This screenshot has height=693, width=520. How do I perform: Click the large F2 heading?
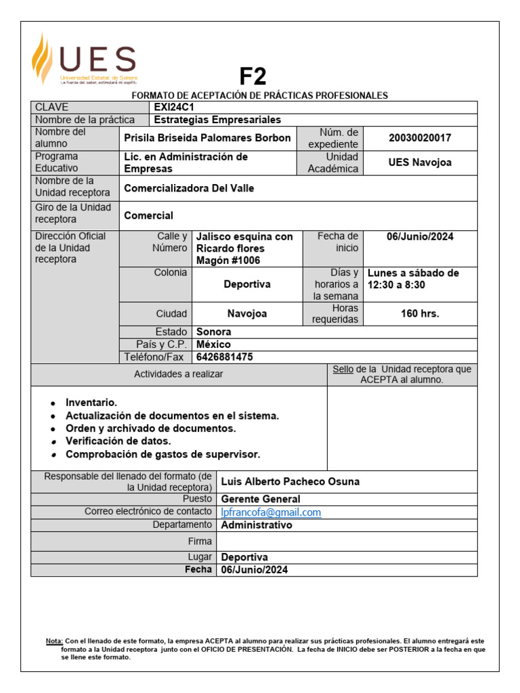point(253,76)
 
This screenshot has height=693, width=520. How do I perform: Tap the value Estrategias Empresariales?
point(217,120)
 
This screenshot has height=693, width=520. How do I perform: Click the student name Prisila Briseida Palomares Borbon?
point(207,138)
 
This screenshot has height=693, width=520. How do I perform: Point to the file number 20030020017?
point(420,138)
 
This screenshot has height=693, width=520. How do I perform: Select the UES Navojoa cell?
point(420,162)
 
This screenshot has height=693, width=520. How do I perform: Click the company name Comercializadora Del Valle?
point(189,188)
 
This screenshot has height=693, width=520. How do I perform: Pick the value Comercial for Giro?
point(148,216)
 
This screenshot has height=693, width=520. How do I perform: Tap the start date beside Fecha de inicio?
point(420,237)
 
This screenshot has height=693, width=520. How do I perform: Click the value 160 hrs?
point(420,313)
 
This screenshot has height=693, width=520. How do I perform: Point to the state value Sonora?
point(213,332)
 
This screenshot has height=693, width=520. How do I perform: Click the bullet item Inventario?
point(91,403)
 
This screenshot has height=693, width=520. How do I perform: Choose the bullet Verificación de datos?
point(118,441)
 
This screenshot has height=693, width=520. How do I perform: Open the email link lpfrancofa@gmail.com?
point(271,512)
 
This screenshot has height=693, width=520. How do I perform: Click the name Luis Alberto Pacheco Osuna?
point(290,482)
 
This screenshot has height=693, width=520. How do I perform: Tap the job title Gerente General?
point(261,499)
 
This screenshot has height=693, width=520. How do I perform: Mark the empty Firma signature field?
point(346,541)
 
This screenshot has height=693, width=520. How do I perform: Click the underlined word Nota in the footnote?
point(53,640)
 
